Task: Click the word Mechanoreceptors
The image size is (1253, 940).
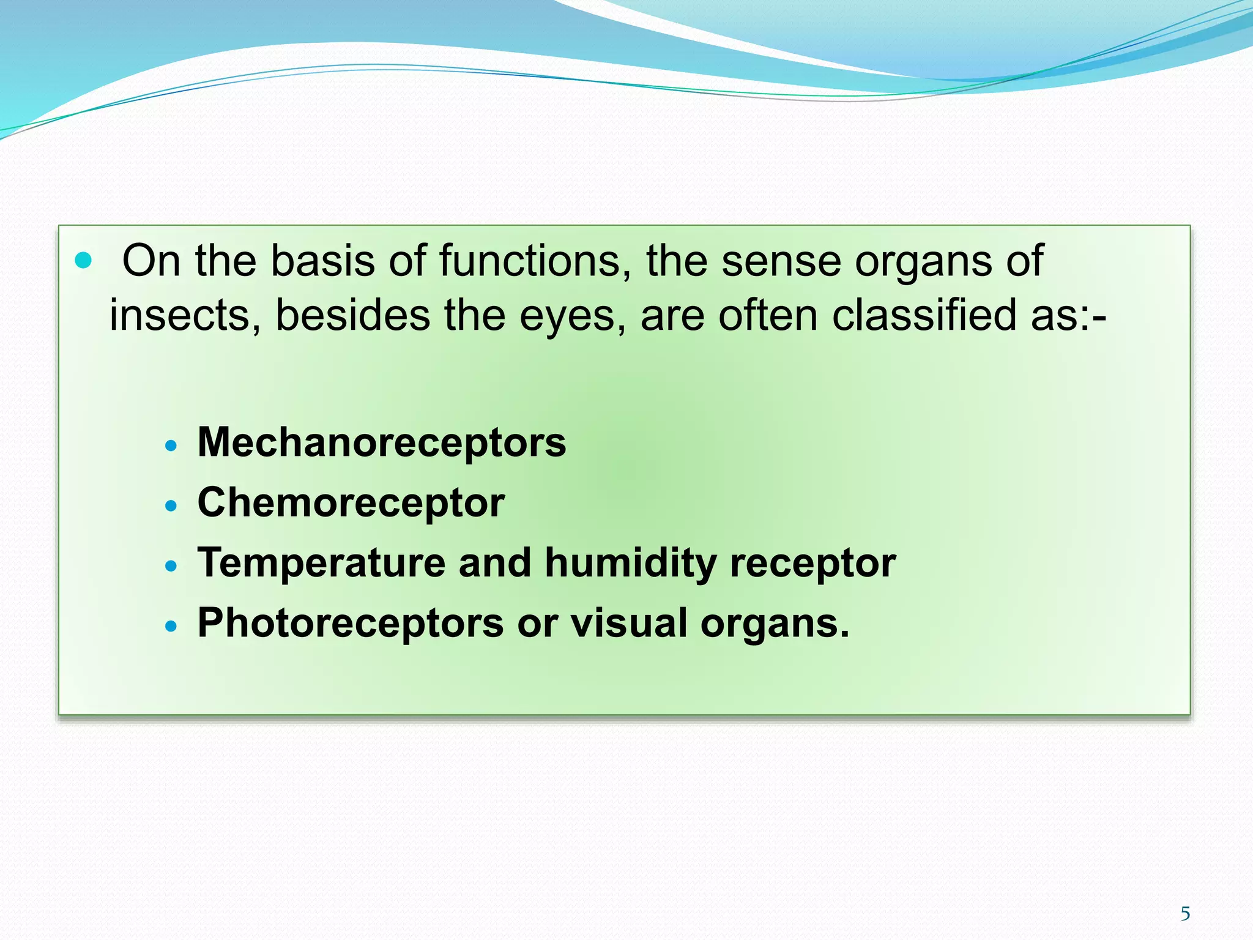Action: pyautogui.click(x=381, y=442)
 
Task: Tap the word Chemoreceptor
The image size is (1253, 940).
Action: pyautogui.click(x=351, y=502)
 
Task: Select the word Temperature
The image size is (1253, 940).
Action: pyautogui.click(x=321, y=563)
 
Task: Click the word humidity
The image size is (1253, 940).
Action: pyautogui.click(x=630, y=563)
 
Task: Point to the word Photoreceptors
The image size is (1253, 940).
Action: pyautogui.click(x=351, y=623)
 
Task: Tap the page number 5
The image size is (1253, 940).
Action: pyautogui.click(x=1185, y=914)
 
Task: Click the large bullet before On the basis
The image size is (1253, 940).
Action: pyautogui.click(x=83, y=261)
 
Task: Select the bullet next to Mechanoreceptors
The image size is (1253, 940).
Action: pyautogui.click(x=171, y=446)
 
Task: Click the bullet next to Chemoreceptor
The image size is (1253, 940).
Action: pyautogui.click(x=171, y=506)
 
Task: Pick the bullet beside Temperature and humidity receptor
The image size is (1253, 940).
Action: pyautogui.click(x=171, y=566)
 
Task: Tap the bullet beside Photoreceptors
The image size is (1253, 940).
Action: pyautogui.click(x=171, y=626)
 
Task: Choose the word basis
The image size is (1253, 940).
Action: pyautogui.click(x=322, y=261)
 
